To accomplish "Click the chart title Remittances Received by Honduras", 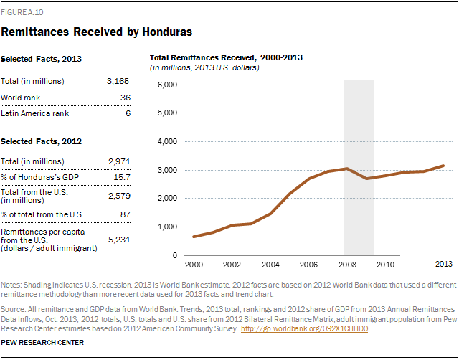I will [x=96, y=32].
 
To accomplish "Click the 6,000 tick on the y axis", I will [x=166, y=85].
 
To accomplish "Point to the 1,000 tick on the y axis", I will [x=166, y=227].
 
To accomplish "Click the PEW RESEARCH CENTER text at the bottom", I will [x=43, y=343].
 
